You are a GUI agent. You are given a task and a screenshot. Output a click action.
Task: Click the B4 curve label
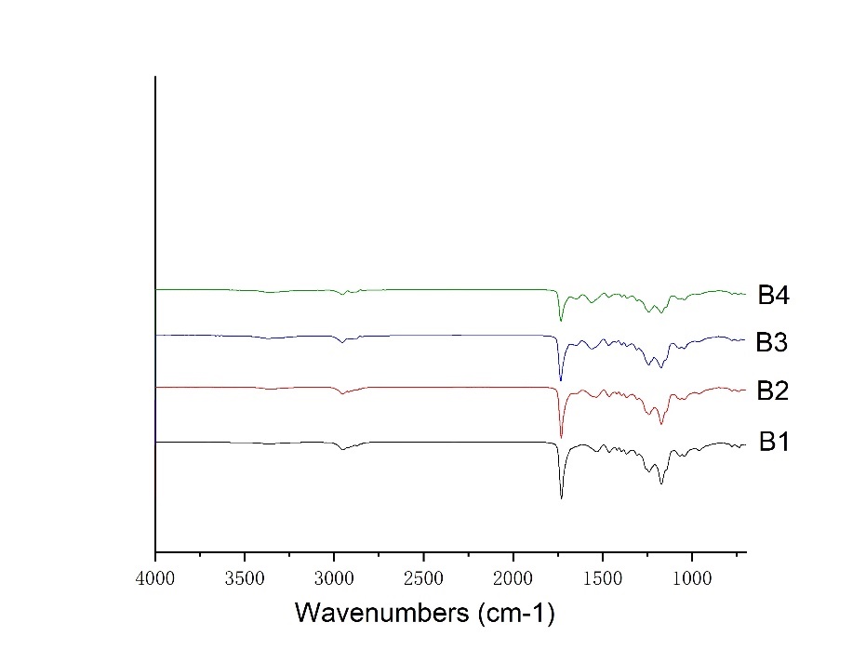coord(773,298)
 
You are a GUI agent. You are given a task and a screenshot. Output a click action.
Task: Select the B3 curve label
coord(772,343)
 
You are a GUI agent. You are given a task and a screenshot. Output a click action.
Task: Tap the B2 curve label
coord(772,391)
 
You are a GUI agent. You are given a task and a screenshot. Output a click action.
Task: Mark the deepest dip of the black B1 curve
coord(561,497)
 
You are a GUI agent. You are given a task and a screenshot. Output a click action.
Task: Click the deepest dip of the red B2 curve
coord(561,437)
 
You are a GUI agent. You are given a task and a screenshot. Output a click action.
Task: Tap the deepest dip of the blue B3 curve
coord(561,380)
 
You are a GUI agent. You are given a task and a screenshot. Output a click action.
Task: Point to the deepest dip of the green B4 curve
coord(561,321)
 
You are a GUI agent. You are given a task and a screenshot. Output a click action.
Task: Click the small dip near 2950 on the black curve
coord(342,450)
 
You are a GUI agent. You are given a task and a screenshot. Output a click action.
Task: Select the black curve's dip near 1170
coord(661,483)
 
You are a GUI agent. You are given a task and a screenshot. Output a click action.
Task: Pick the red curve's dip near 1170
coord(661,424)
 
